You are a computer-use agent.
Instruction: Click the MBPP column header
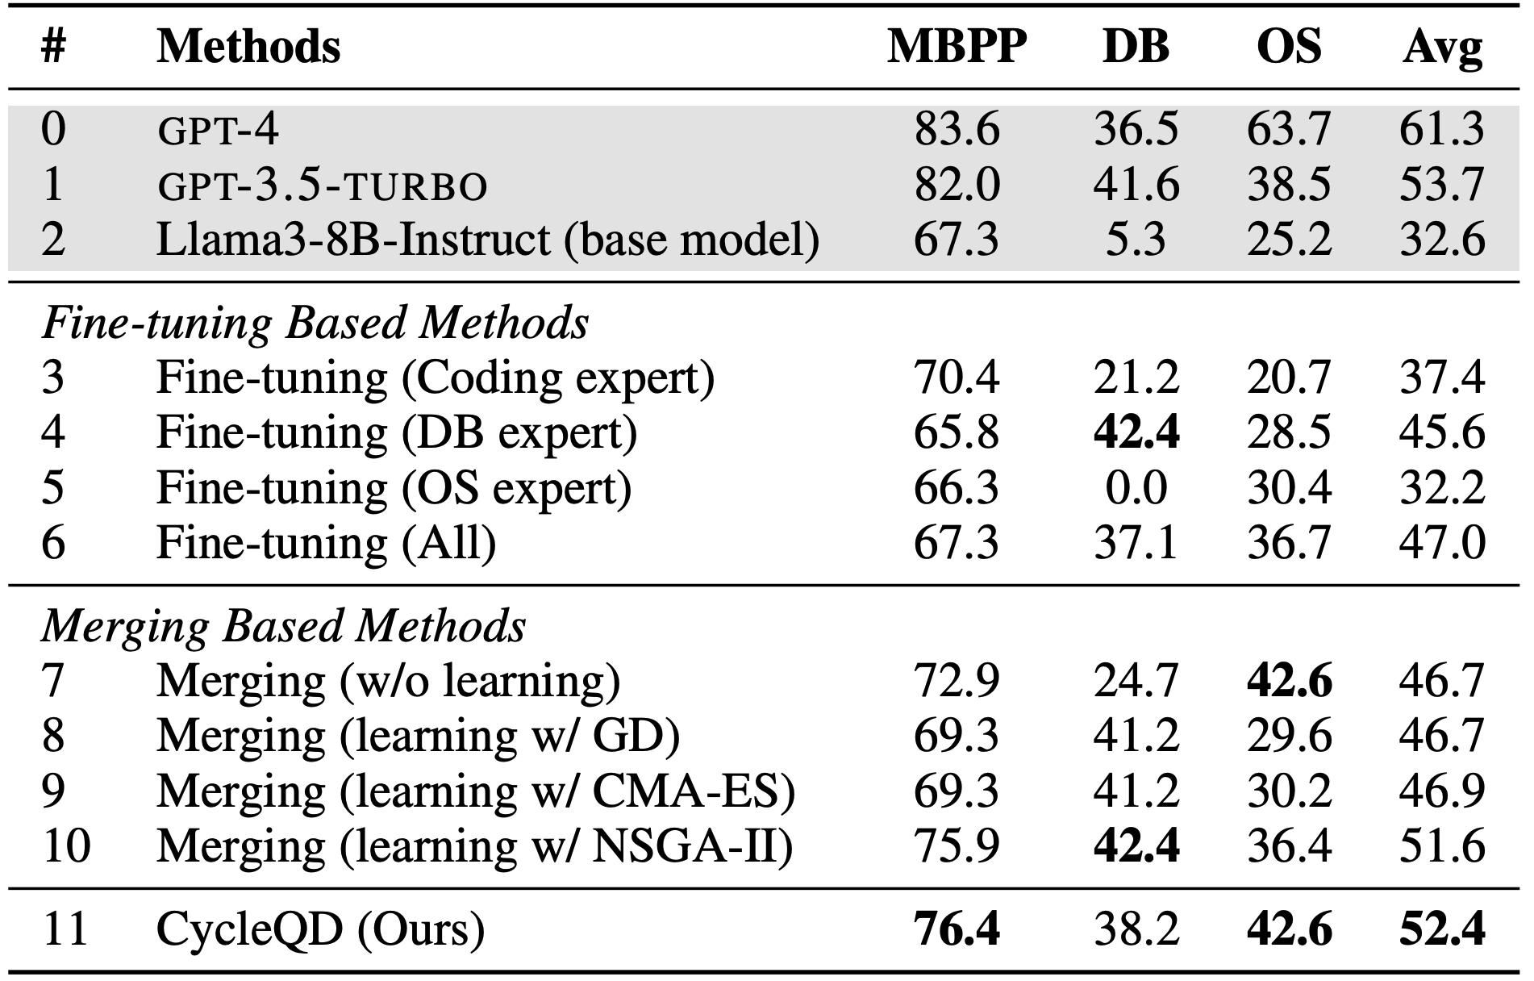[957, 47]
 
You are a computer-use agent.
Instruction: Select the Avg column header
[1442, 47]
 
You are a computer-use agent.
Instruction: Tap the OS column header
[1289, 47]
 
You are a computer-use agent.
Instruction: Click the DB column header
[1136, 47]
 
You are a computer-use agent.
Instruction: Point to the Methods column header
[248, 47]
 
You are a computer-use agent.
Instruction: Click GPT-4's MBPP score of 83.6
[957, 129]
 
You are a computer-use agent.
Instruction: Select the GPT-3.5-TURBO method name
[322, 185]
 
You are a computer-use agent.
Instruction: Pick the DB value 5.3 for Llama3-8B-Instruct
[1136, 240]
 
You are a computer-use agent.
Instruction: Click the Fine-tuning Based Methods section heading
[315, 323]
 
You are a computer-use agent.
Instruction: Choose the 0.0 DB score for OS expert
[1136, 487]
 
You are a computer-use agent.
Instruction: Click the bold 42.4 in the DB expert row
[1136, 432]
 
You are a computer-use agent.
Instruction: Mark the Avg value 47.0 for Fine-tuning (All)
[1442, 542]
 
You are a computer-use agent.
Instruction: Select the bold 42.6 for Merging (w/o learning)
[1289, 680]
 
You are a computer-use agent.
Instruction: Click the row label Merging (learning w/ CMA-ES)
[476, 791]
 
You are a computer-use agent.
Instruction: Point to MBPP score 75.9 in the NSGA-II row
[957, 845]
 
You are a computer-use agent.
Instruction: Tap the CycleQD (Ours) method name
[320, 929]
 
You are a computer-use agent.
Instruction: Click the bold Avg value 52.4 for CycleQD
[1442, 929]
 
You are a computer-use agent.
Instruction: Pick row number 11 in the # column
[65, 929]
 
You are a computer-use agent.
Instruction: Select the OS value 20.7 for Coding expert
[1289, 377]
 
